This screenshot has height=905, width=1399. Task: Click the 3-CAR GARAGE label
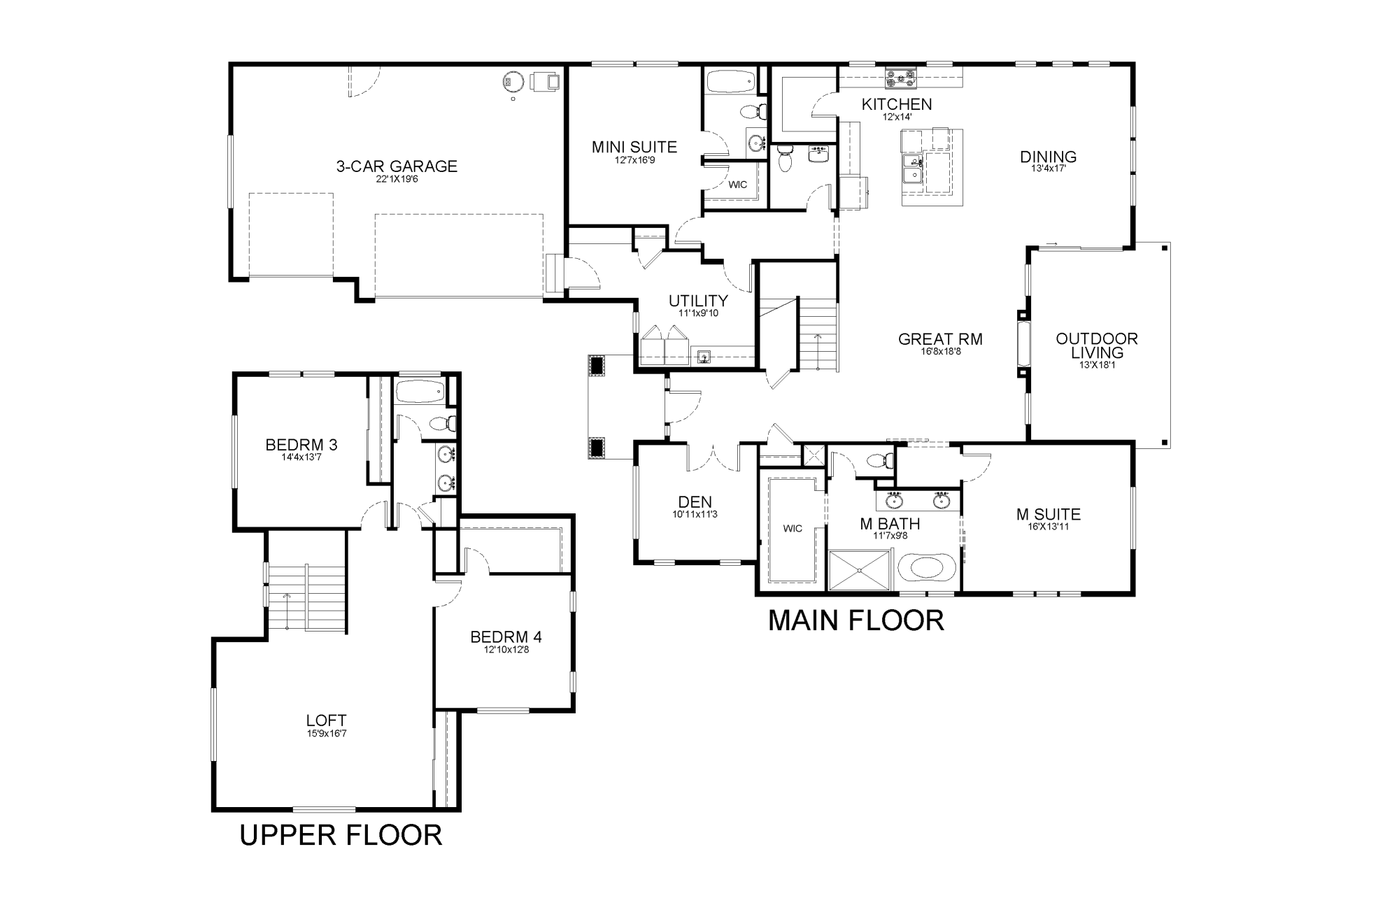pos(397,166)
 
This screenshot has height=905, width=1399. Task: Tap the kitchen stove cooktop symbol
pos(900,78)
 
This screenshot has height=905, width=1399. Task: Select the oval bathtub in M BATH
pos(925,567)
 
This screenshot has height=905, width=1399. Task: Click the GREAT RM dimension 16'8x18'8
pos(941,352)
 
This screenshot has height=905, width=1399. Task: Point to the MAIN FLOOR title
pos(856,621)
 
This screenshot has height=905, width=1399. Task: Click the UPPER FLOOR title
pos(341,835)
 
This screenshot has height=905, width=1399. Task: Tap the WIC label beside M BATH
pos(793,529)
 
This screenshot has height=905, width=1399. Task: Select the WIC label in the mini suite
pos(738,185)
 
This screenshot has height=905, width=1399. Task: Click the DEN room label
pos(695,501)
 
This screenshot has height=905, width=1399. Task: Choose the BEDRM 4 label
pos(506,637)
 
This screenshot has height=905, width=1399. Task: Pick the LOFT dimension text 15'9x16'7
pos(326,733)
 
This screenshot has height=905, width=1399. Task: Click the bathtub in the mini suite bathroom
pos(730,83)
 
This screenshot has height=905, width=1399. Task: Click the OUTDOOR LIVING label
pos(1096,345)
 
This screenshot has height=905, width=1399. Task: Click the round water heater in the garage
pos(513,82)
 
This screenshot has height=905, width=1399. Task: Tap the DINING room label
pos(1048,157)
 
